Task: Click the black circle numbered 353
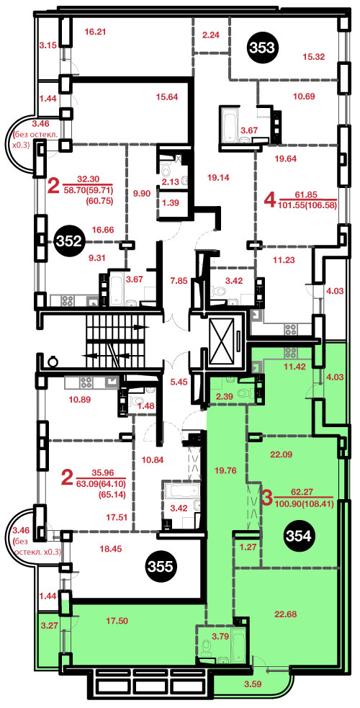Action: tap(263, 47)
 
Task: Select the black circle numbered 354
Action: tap(300, 536)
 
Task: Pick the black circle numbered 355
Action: tap(161, 566)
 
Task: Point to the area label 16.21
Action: tap(94, 32)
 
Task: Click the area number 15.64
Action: tap(166, 97)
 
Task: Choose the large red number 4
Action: tap(270, 199)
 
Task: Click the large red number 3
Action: tap(267, 498)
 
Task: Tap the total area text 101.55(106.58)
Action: tap(309, 205)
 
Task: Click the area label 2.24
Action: tap(211, 34)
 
